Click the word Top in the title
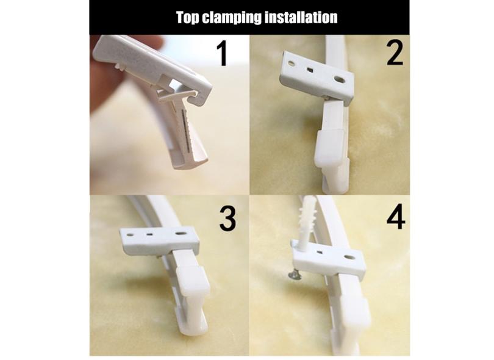pyautogui.click(x=187, y=17)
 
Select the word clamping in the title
pyautogui.click(x=232, y=18)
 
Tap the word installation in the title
pyautogui.click(x=301, y=17)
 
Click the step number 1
pyautogui.click(x=223, y=54)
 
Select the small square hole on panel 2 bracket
pyautogui.click(x=310, y=70)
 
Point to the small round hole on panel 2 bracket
pyautogui.click(x=292, y=63)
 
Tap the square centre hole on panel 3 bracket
pyautogui.click(x=149, y=234)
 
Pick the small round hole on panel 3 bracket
pyautogui.click(x=130, y=235)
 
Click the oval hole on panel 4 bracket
pyautogui.click(x=348, y=257)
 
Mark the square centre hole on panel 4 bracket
pyautogui.click(x=320, y=252)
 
